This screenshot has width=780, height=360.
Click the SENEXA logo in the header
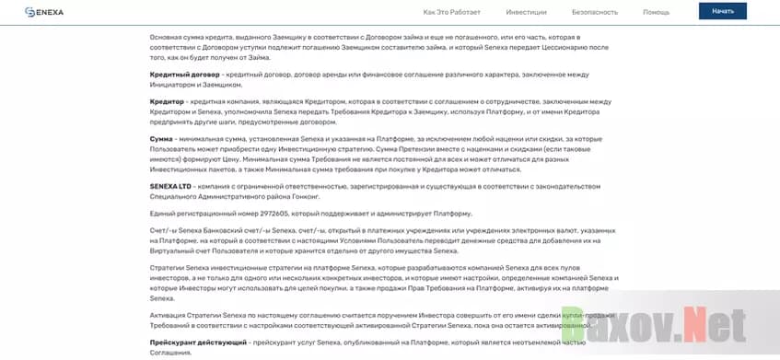44,12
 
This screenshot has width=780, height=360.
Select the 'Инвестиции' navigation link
526,12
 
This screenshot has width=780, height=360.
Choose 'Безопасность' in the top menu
595,12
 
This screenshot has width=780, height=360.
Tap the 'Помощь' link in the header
656,12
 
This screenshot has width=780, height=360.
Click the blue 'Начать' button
723,11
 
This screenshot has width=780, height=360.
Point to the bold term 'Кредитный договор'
184,75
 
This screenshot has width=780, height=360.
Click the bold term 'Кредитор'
167,101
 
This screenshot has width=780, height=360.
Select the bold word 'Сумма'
161,139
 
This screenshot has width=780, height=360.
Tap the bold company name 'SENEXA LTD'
169,186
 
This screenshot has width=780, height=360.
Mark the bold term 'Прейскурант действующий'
198,343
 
